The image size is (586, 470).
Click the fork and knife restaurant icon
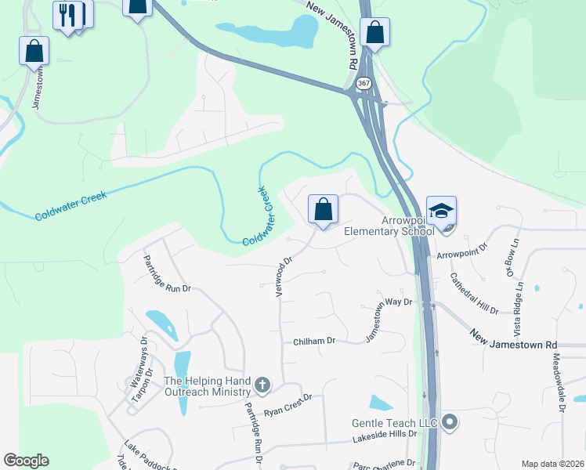coord(67,14)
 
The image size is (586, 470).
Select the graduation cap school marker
coord(441,211)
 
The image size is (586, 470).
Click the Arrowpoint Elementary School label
coord(389,226)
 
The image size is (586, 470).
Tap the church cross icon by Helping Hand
coord(262,385)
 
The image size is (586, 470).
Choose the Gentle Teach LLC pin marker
coord(449,423)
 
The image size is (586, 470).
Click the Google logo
coord(26,461)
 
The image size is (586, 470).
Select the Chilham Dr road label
coord(314,341)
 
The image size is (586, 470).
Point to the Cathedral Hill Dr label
coord(474,293)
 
